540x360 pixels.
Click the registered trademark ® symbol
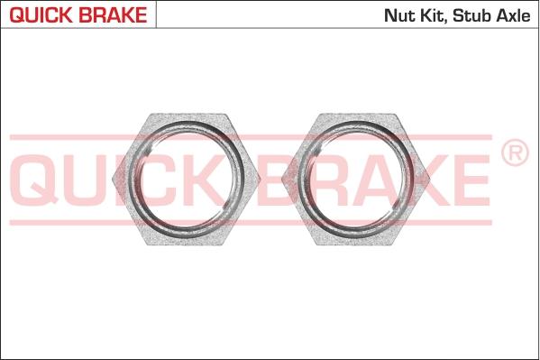(x=514, y=154)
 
